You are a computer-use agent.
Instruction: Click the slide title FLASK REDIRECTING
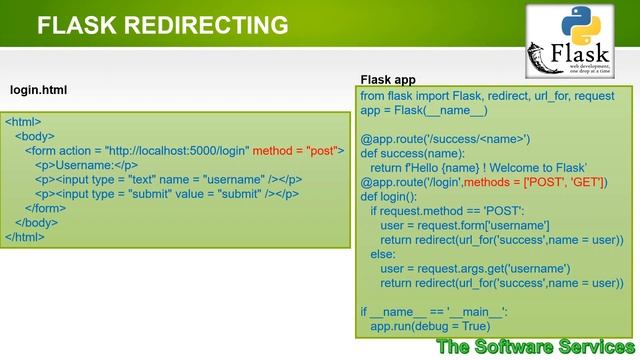(163, 24)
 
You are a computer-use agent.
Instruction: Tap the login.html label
(38, 90)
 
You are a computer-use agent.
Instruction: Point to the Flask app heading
(388, 79)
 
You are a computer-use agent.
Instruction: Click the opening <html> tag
(23, 122)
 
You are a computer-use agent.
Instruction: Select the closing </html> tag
(25, 237)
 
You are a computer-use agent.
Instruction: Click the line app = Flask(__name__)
(424, 111)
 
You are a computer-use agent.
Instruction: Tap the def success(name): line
(413, 154)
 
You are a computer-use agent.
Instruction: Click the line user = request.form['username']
(464, 226)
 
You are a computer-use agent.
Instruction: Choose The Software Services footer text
(535, 347)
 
